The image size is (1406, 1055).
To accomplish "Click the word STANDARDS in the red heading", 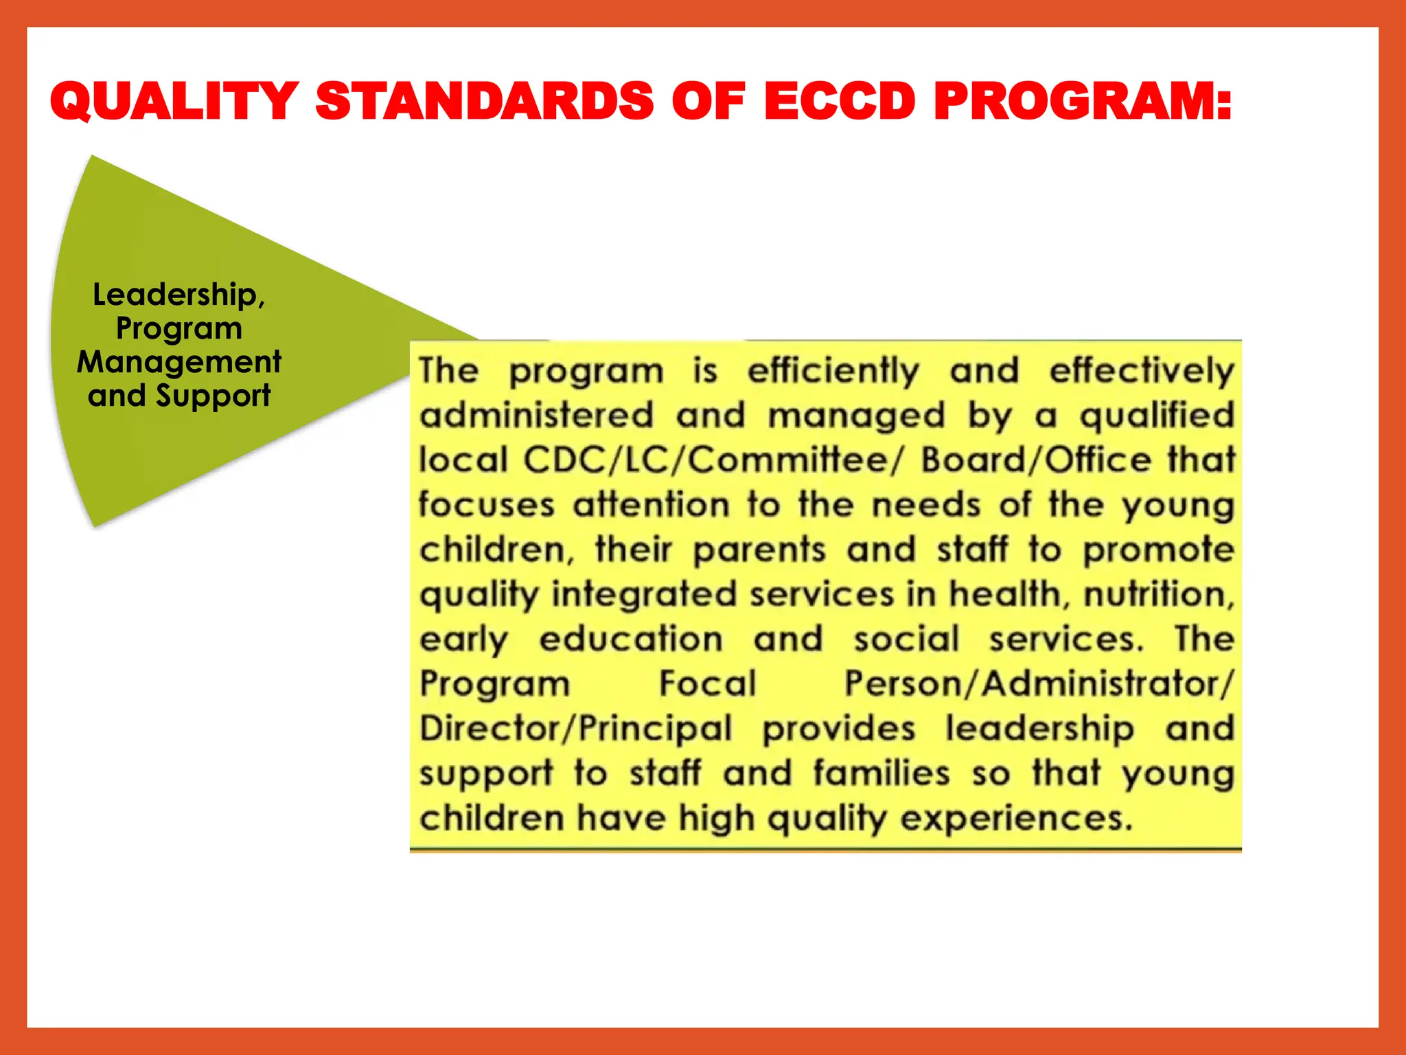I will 485,101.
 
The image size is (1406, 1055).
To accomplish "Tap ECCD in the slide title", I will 840,101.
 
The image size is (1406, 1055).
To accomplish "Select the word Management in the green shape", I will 178,362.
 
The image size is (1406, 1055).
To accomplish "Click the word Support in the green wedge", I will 213,396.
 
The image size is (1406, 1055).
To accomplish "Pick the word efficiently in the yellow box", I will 833,372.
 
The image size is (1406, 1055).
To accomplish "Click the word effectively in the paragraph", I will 1142,372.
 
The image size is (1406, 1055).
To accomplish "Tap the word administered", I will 536,416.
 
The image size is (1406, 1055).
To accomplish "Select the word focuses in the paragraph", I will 487,505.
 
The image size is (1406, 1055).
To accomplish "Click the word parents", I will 759,551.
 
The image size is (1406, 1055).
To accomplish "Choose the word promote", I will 1159,551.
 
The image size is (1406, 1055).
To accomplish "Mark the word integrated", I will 644,595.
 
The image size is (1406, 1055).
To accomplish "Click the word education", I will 631,639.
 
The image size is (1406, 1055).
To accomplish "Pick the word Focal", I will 708,683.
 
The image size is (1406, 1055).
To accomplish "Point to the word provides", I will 839,729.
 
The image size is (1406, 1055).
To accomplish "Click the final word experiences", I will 1015,818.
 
